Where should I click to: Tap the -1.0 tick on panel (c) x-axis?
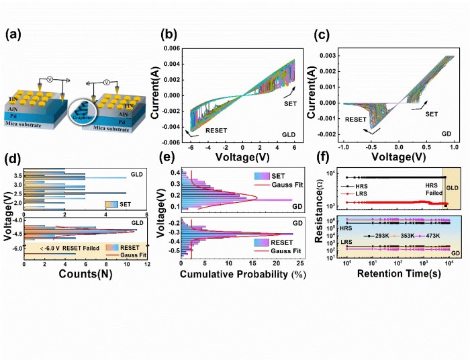point(344,147)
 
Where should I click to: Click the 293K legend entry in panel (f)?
point(371,236)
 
